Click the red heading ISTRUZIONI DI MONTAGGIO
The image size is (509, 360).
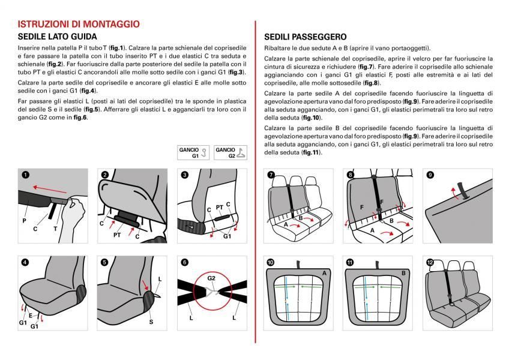(x=79, y=24)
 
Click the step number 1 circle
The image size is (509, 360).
(x=25, y=175)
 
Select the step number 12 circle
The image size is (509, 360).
(x=430, y=263)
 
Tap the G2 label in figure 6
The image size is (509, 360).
(x=211, y=278)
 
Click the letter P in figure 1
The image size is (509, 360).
(x=25, y=220)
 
